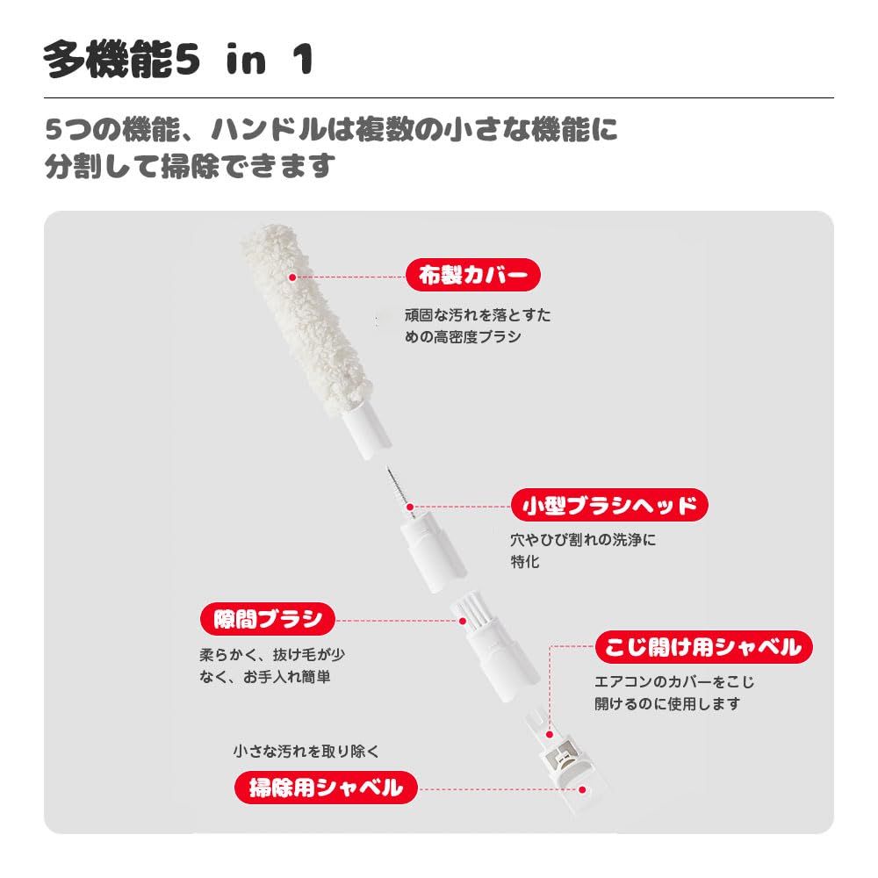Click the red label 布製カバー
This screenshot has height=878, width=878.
(472, 276)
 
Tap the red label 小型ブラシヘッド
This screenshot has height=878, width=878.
(608, 505)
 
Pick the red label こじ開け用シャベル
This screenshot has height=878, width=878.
(702, 648)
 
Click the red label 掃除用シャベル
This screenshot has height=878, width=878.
(325, 787)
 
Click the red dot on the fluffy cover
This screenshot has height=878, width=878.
(292, 277)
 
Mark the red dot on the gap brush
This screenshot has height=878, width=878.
(463, 620)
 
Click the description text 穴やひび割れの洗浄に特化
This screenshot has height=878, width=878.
(583, 551)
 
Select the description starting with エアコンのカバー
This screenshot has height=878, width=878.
(674, 692)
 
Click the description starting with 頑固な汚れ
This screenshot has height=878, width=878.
(478, 326)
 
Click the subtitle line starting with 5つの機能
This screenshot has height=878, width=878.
(332, 132)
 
